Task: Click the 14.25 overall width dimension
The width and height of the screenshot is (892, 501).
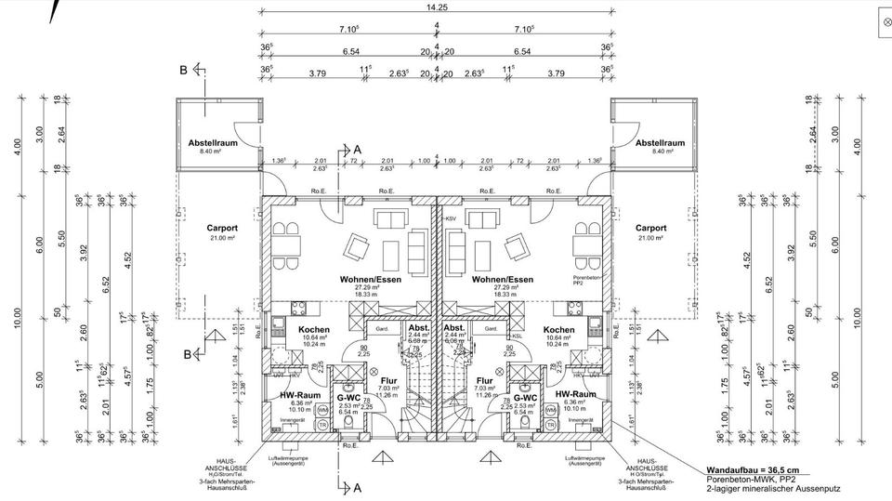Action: pos(436,7)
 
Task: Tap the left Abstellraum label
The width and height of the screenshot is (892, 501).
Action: pos(215,143)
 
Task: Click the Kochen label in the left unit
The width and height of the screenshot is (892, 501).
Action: pos(313,330)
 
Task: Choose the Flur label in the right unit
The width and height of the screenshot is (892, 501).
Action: pos(484,380)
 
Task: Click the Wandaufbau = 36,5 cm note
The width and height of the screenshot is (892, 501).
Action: pos(744,471)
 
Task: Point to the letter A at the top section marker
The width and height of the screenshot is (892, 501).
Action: pos(359,149)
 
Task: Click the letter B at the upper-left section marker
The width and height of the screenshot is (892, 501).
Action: pos(184,70)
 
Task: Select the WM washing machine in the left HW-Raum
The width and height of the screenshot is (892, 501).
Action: pos(321,409)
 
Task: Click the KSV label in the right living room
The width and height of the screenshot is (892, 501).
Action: pos(453,218)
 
